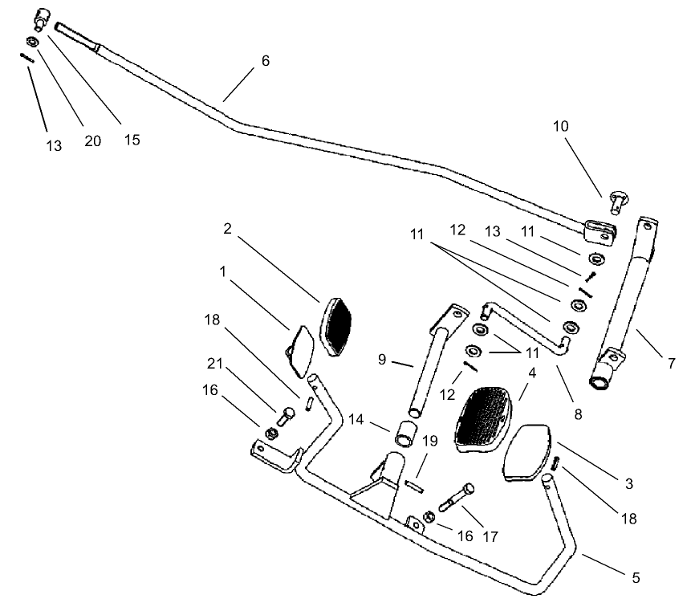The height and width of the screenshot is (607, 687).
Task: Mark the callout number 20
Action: point(93,140)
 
